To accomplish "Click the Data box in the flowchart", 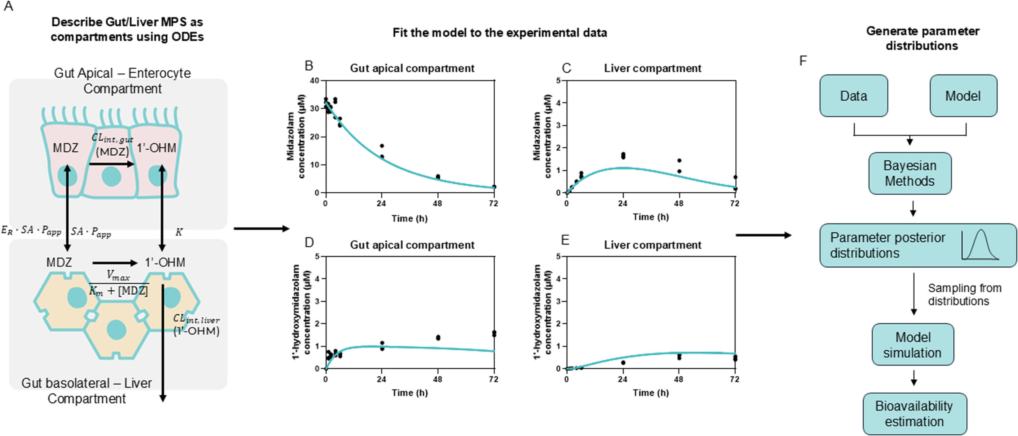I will point(853,96).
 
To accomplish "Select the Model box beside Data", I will point(963,96).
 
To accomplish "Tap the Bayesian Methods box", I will point(909,173).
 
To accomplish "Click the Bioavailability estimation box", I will point(914,414).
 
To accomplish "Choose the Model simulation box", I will point(913,344).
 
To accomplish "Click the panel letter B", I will point(309,66).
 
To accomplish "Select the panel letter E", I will point(565,240).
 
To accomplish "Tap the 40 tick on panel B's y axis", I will point(315,81).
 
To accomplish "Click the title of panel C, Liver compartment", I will point(653,68).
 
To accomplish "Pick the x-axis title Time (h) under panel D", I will point(410,393).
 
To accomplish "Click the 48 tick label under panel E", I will point(678,379).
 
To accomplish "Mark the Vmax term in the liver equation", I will point(118,275).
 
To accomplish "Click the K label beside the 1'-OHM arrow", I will point(179,232).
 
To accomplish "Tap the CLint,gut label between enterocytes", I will point(112,138).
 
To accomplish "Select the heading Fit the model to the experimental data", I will point(499,33).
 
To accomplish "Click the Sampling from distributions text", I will point(964,295).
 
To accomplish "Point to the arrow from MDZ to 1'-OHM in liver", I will point(115,263).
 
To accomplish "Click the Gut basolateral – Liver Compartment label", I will point(86,391).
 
